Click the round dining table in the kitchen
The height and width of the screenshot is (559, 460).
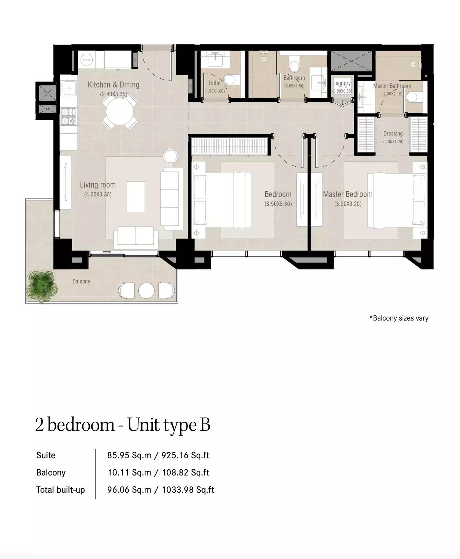pos(119,112)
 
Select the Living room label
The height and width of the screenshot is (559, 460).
pos(98,185)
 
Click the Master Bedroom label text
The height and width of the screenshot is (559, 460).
pos(348,194)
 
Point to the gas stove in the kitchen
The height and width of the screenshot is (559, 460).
pos(68,116)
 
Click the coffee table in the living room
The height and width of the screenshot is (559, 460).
pos(136,196)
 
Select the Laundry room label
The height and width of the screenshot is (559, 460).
pos(342,83)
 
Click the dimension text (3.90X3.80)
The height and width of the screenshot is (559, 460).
pos(278,204)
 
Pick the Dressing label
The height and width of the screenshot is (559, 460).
pos(393,134)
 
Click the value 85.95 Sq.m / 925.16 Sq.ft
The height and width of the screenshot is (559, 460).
pos(158,455)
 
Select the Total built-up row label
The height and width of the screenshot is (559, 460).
pos(60,490)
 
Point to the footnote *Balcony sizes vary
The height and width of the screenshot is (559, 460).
pos(399,318)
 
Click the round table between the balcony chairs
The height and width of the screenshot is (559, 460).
pos(146,291)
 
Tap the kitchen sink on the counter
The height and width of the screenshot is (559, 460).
pos(68,88)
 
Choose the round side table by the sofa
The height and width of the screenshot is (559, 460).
pos(170,156)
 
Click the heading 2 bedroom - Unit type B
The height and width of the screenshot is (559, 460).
pos(123,425)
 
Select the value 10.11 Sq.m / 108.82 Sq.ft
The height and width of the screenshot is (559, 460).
pos(158,473)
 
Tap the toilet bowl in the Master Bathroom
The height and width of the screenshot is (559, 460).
pos(413,97)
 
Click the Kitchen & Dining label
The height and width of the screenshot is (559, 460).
pos(114,85)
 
